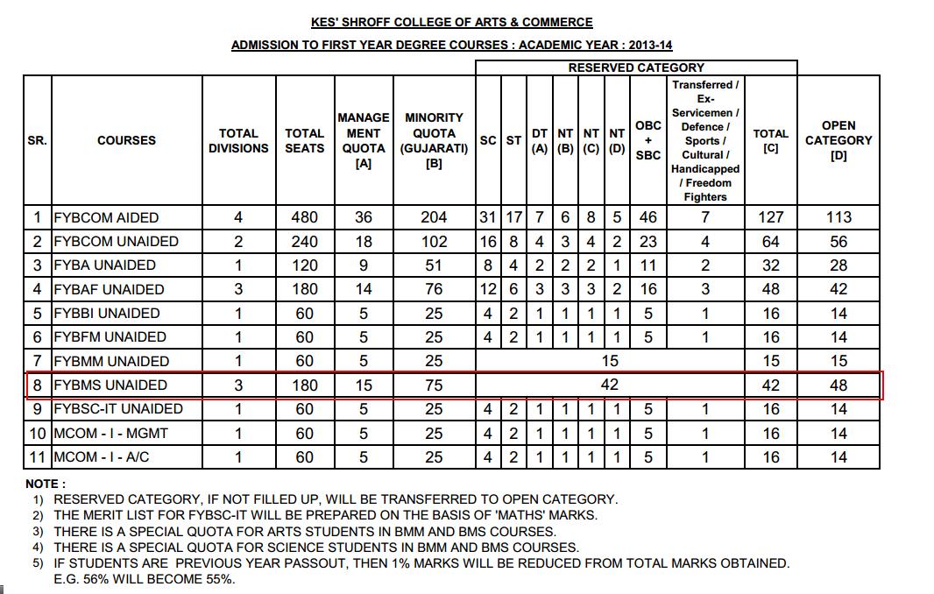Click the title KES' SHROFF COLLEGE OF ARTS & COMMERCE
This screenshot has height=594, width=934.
[451, 23]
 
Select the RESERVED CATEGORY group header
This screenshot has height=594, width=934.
[635, 67]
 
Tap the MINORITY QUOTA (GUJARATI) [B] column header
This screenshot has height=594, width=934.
[434, 140]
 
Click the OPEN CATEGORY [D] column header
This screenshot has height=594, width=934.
[838, 140]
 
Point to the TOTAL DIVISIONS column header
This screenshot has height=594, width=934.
[238, 140]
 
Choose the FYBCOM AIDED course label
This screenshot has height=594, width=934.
[106, 217]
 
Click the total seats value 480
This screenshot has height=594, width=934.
[305, 217]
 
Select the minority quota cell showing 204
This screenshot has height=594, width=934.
[434, 217]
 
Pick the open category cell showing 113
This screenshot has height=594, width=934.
[838, 217]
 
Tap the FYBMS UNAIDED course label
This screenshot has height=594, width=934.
[110, 385]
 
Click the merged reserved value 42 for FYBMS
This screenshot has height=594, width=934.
[610, 385]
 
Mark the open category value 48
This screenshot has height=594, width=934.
[838, 385]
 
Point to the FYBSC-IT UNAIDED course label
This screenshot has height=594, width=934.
[117, 408]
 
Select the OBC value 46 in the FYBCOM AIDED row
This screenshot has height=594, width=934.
[647, 217]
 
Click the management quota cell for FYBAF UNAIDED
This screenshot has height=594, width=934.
[364, 289]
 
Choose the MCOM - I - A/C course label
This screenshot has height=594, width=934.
[110, 456]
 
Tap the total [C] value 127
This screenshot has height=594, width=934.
[771, 217]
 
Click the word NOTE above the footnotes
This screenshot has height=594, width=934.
[44, 484]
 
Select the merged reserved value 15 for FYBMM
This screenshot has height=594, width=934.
[610, 361]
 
